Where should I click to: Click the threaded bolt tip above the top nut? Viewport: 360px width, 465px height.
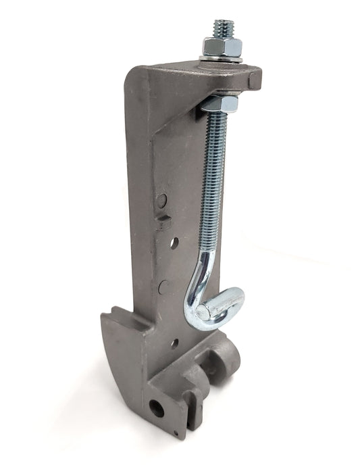pos(222,28)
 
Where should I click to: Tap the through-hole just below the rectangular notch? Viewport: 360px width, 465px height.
pos(174,241)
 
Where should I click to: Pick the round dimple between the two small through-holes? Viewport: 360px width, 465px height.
pos(163,287)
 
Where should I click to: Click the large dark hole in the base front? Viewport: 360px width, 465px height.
pos(157,408)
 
